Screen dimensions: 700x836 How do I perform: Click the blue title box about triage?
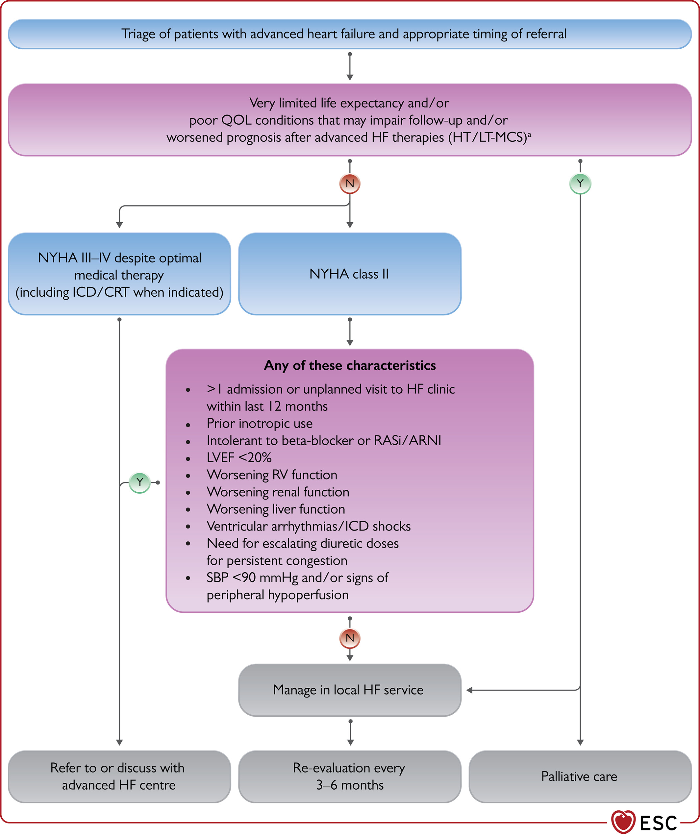pyautogui.click(x=350, y=34)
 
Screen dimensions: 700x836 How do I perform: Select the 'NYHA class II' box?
pyautogui.click(x=350, y=274)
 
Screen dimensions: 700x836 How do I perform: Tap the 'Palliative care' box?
pyautogui.click(x=580, y=776)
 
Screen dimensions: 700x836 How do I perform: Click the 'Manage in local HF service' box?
pyautogui.click(x=350, y=690)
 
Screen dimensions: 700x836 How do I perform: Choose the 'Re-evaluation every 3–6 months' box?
pyautogui.click(x=350, y=776)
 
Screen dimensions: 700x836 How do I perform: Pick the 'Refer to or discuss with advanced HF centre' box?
pyautogui.click(x=119, y=776)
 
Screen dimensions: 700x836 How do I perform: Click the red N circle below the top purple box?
pyautogui.click(x=350, y=184)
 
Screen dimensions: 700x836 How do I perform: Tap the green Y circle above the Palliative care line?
pyautogui.click(x=580, y=184)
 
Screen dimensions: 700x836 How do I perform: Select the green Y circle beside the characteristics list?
pyautogui.click(x=140, y=482)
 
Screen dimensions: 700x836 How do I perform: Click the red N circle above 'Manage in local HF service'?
pyautogui.click(x=350, y=638)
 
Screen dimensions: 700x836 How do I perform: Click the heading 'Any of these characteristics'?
pyautogui.click(x=350, y=365)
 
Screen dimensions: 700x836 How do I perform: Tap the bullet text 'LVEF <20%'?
pyautogui.click(x=239, y=458)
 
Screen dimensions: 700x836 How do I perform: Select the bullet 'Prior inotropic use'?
pyautogui.click(x=260, y=424)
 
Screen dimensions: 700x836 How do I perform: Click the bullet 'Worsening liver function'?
pyautogui.click(x=276, y=509)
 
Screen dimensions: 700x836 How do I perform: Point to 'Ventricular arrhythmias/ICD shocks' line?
pyautogui.click(x=309, y=526)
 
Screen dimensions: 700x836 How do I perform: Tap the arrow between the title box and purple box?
pyautogui.click(x=350, y=66)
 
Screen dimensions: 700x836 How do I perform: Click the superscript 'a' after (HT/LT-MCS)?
pyautogui.click(x=529, y=135)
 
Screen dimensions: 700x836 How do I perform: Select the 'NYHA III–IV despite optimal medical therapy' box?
pyautogui.click(x=119, y=274)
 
